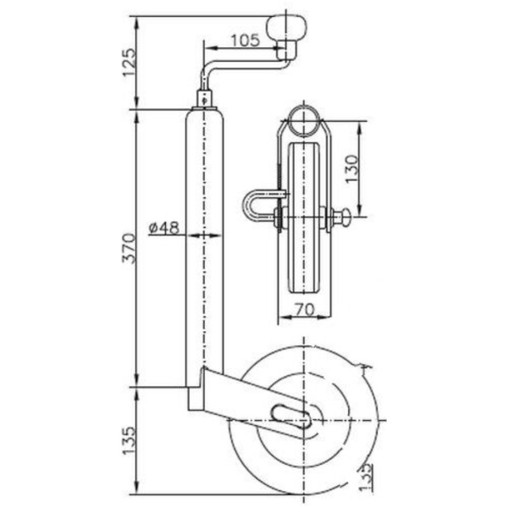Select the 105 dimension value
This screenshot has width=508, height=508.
244,38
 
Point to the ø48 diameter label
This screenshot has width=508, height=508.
163,227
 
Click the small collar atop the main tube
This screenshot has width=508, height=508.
206,98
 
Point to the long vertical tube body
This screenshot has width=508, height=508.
205,246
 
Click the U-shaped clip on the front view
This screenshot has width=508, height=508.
256,207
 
